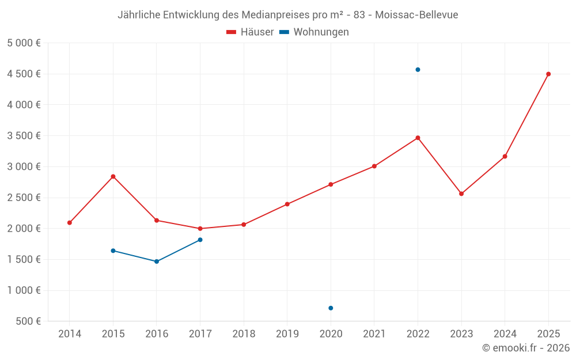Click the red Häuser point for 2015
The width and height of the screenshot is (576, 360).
[x=113, y=176]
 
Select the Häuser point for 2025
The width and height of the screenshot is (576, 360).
[x=548, y=74]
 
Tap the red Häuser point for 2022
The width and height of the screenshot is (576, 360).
[x=418, y=138]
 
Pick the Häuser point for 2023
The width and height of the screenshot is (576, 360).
[x=461, y=194]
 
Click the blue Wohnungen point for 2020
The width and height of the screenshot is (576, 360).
[x=331, y=308]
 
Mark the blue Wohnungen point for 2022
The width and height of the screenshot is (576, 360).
[x=418, y=70]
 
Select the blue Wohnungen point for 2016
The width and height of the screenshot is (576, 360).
[x=157, y=262]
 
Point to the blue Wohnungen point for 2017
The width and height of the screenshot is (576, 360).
[x=200, y=240]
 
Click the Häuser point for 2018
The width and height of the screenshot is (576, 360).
[x=244, y=225]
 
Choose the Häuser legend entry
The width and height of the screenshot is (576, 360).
[x=250, y=32]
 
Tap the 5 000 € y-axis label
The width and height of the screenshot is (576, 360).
[x=24, y=43]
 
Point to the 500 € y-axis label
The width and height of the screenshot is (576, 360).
[x=26, y=321]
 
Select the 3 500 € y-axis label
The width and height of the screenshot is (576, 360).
[x=24, y=136]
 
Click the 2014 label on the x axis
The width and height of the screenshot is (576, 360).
[x=70, y=334]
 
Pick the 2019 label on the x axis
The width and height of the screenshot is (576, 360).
[x=287, y=334]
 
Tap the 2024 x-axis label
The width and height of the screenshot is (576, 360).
[x=505, y=334]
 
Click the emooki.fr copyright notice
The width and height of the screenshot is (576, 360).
[x=526, y=348]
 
